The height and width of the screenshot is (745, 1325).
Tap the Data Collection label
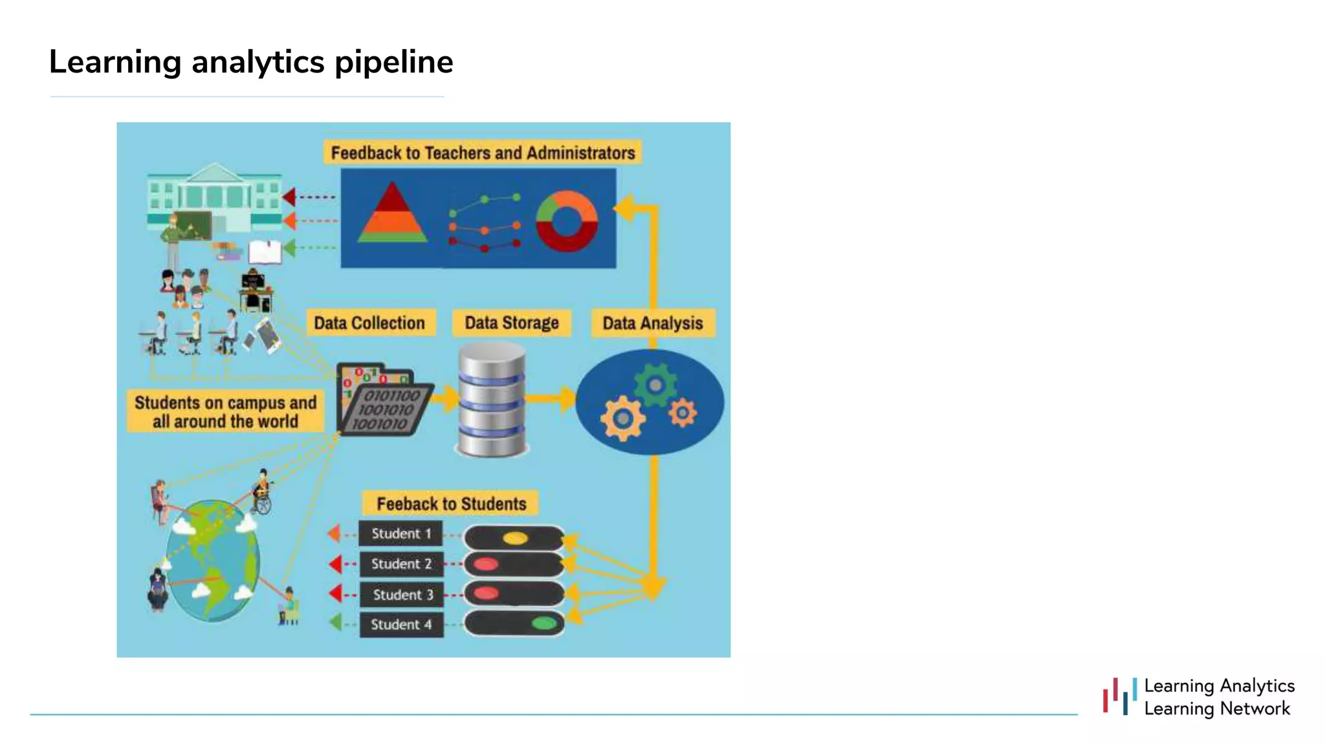click(369, 323)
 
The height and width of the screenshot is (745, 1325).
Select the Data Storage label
click(511, 323)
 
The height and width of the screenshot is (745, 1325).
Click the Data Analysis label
click(652, 323)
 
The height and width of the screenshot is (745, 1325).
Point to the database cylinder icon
click(492, 400)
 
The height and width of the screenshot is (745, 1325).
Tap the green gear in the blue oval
click(655, 385)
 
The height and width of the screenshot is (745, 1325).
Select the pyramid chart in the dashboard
click(392, 213)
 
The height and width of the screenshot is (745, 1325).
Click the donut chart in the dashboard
click(567, 221)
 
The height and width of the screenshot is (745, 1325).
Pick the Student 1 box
click(401, 534)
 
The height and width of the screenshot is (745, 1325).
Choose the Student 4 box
click(401, 625)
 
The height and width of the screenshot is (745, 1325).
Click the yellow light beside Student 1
click(515, 538)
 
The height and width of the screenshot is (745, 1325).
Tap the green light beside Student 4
click(543, 623)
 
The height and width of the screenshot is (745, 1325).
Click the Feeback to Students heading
click(451, 504)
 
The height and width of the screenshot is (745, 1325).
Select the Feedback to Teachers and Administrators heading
click(483, 153)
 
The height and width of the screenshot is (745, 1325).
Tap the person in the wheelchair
click(262, 493)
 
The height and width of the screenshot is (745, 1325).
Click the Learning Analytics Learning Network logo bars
click(1120, 696)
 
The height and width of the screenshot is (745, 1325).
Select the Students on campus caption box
click(225, 411)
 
